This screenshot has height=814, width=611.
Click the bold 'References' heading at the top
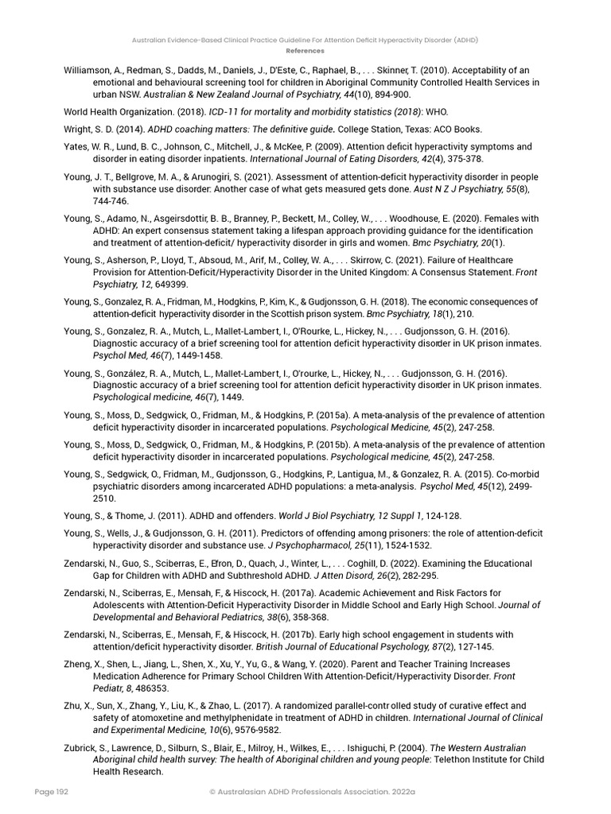coord(305,50)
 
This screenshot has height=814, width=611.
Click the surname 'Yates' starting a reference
coord(76,146)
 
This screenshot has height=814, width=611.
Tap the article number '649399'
coord(169,284)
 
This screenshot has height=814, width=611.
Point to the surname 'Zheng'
coord(78,664)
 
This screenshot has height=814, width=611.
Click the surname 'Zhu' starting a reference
coord(73,705)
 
